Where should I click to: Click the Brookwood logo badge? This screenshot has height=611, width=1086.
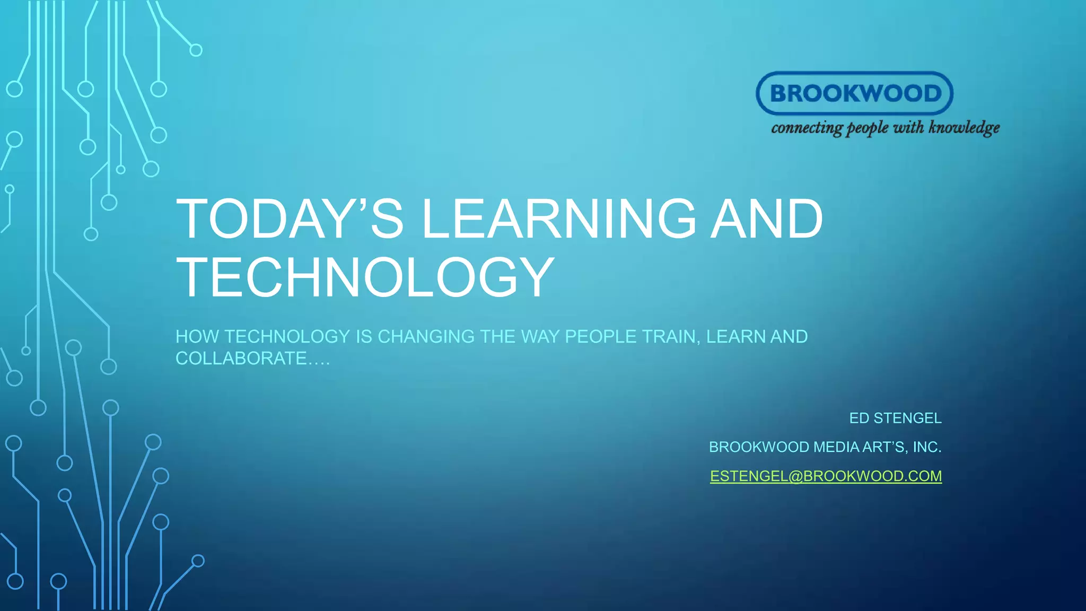pyautogui.click(x=854, y=93)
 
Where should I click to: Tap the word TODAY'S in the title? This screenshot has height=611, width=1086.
pyautogui.click(x=290, y=219)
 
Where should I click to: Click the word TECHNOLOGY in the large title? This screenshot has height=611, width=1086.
pyautogui.click(x=365, y=277)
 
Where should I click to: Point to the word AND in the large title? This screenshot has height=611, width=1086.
pyautogui.click(x=767, y=219)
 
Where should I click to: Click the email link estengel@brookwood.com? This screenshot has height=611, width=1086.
pyautogui.click(x=826, y=476)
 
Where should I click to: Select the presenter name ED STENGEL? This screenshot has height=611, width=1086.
pyautogui.click(x=895, y=418)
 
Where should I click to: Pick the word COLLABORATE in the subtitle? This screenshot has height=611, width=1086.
pyautogui.click(x=241, y=359)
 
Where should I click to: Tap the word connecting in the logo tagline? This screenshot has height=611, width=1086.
pyautogui.click(x=807, y=128)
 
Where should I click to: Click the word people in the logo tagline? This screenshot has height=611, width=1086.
pyautogui.click(x=867, y=128)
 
